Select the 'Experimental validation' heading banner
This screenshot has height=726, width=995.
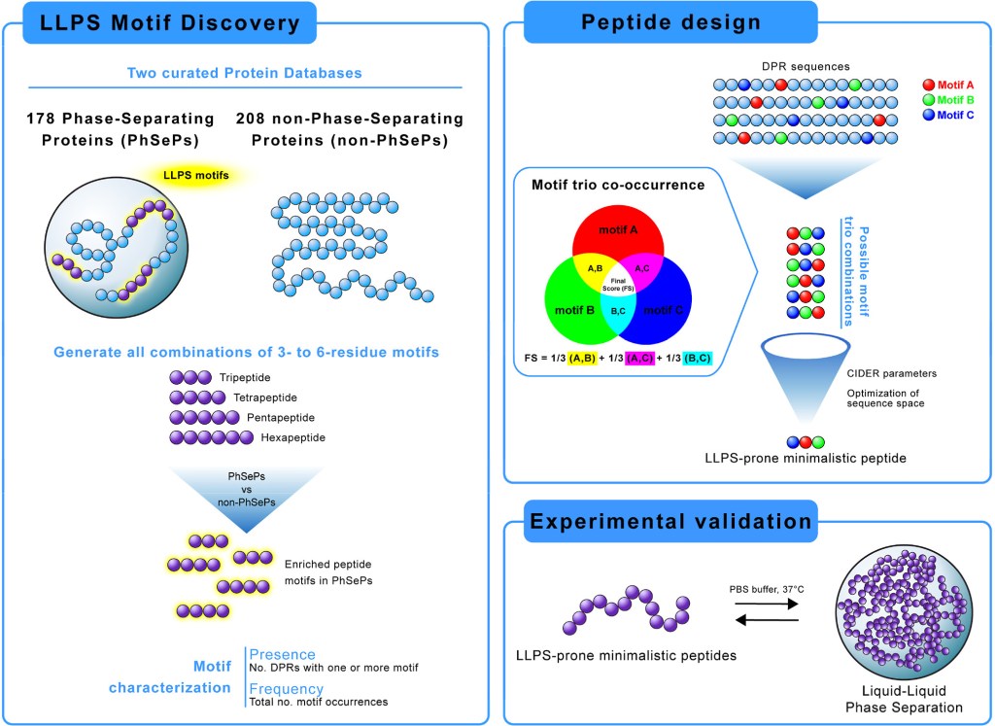[670, 521]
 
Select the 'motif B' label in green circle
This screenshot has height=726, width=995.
[569, 311]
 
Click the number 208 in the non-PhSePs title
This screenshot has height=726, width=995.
[255, 119]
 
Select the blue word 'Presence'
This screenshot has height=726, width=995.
[283, 654]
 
